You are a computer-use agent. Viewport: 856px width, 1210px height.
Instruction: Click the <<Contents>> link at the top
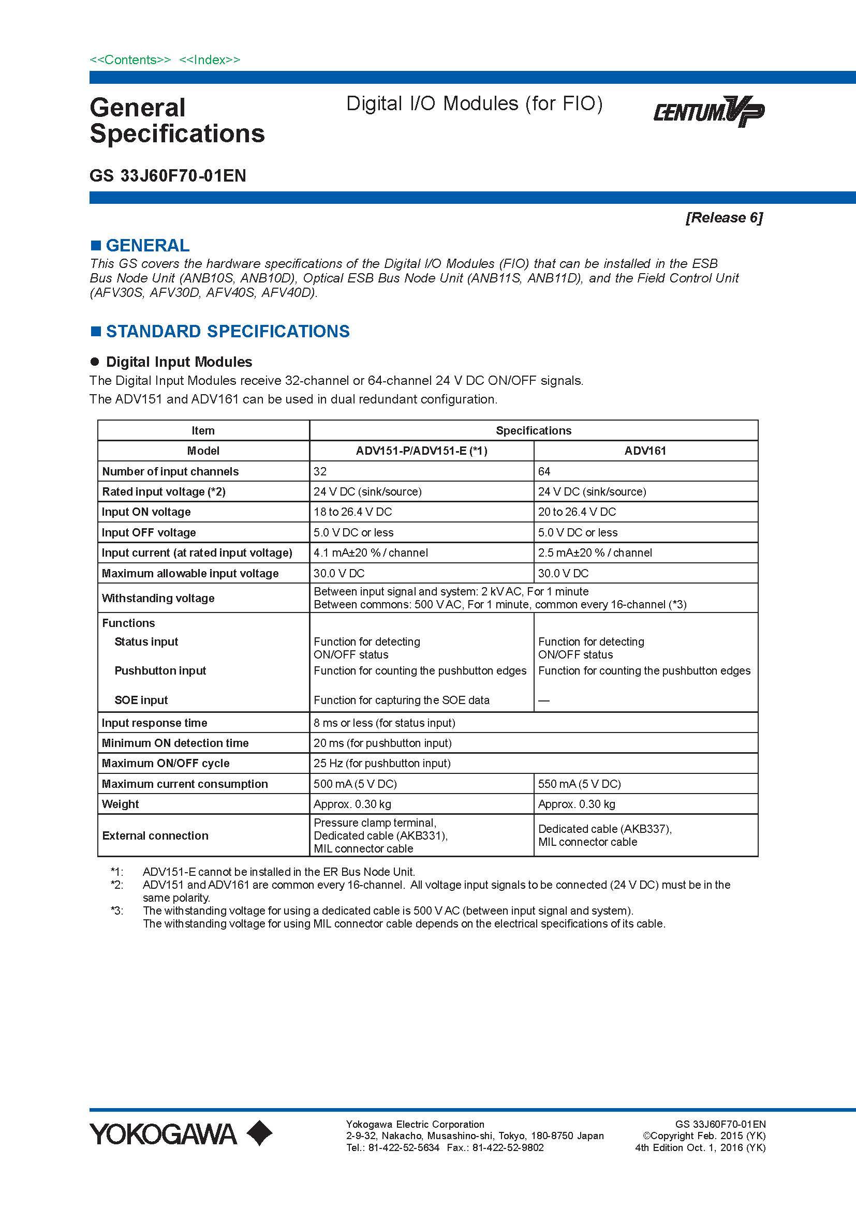130,60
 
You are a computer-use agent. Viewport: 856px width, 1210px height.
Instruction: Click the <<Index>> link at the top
210,60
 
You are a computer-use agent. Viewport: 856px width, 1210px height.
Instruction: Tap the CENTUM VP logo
709,111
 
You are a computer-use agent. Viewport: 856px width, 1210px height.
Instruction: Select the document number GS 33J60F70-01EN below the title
168,175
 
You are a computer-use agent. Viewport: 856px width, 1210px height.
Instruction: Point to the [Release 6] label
724,218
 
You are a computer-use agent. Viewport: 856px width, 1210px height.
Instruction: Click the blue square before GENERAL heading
95,245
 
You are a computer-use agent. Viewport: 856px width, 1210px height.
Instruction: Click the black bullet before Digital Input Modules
95,362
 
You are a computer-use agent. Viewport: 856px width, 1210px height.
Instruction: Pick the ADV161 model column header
645,451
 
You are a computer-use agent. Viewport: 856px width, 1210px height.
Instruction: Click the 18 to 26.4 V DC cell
352,512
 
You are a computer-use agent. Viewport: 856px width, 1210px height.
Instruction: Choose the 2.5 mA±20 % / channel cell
595,552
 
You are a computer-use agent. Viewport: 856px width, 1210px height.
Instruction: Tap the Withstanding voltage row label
158,598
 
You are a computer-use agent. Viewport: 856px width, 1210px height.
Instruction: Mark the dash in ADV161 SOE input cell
544,700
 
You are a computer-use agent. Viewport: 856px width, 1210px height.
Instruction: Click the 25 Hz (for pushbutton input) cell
381,763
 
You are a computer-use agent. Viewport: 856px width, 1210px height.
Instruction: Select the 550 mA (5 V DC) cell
579,784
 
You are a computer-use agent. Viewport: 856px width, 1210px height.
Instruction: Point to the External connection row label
155,835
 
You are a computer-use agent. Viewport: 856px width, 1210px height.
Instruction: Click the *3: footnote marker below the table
116,910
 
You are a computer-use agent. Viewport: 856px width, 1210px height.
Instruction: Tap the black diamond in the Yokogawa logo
259,1133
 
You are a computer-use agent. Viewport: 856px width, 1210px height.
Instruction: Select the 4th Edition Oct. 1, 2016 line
700,1147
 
